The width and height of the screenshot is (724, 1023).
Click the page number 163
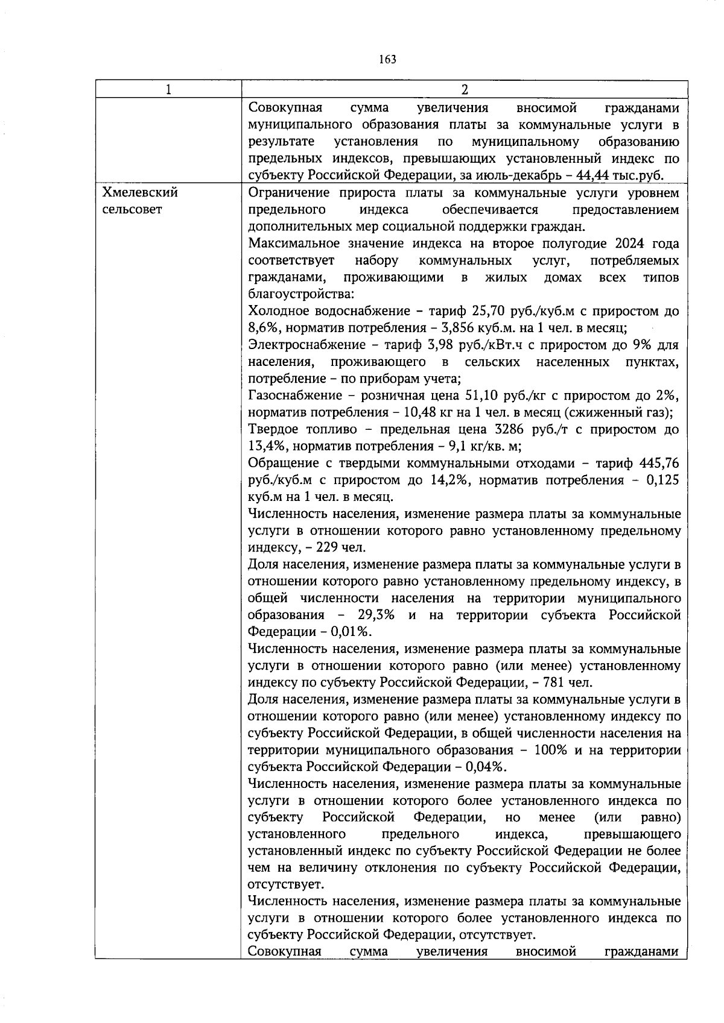click(387, 59)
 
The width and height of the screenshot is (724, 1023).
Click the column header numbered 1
click(168, 89)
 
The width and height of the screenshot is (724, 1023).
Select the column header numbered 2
click(464, 89)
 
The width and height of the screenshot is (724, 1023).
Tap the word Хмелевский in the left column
click(140, 193)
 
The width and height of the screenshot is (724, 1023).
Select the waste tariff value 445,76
click(659, 464)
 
